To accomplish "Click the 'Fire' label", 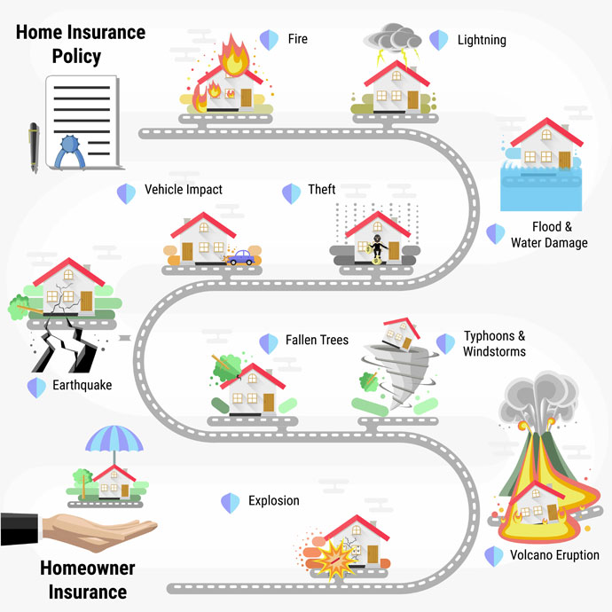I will click(297, 39).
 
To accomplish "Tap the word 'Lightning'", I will click(482, 40).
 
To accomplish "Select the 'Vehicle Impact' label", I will click(184, 190).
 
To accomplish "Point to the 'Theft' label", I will click(322, 190).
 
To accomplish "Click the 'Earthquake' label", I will click(82, 386).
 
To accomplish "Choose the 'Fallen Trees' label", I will click(317, 341).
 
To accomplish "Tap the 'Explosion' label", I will click(274, 501).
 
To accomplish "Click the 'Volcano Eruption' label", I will click(554, 555).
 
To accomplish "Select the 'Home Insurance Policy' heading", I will click(79, 44).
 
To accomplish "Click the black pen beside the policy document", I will click(34, 146).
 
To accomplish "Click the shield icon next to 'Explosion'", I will click(231, 503).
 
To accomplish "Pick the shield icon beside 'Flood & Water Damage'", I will click(495, 234).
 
